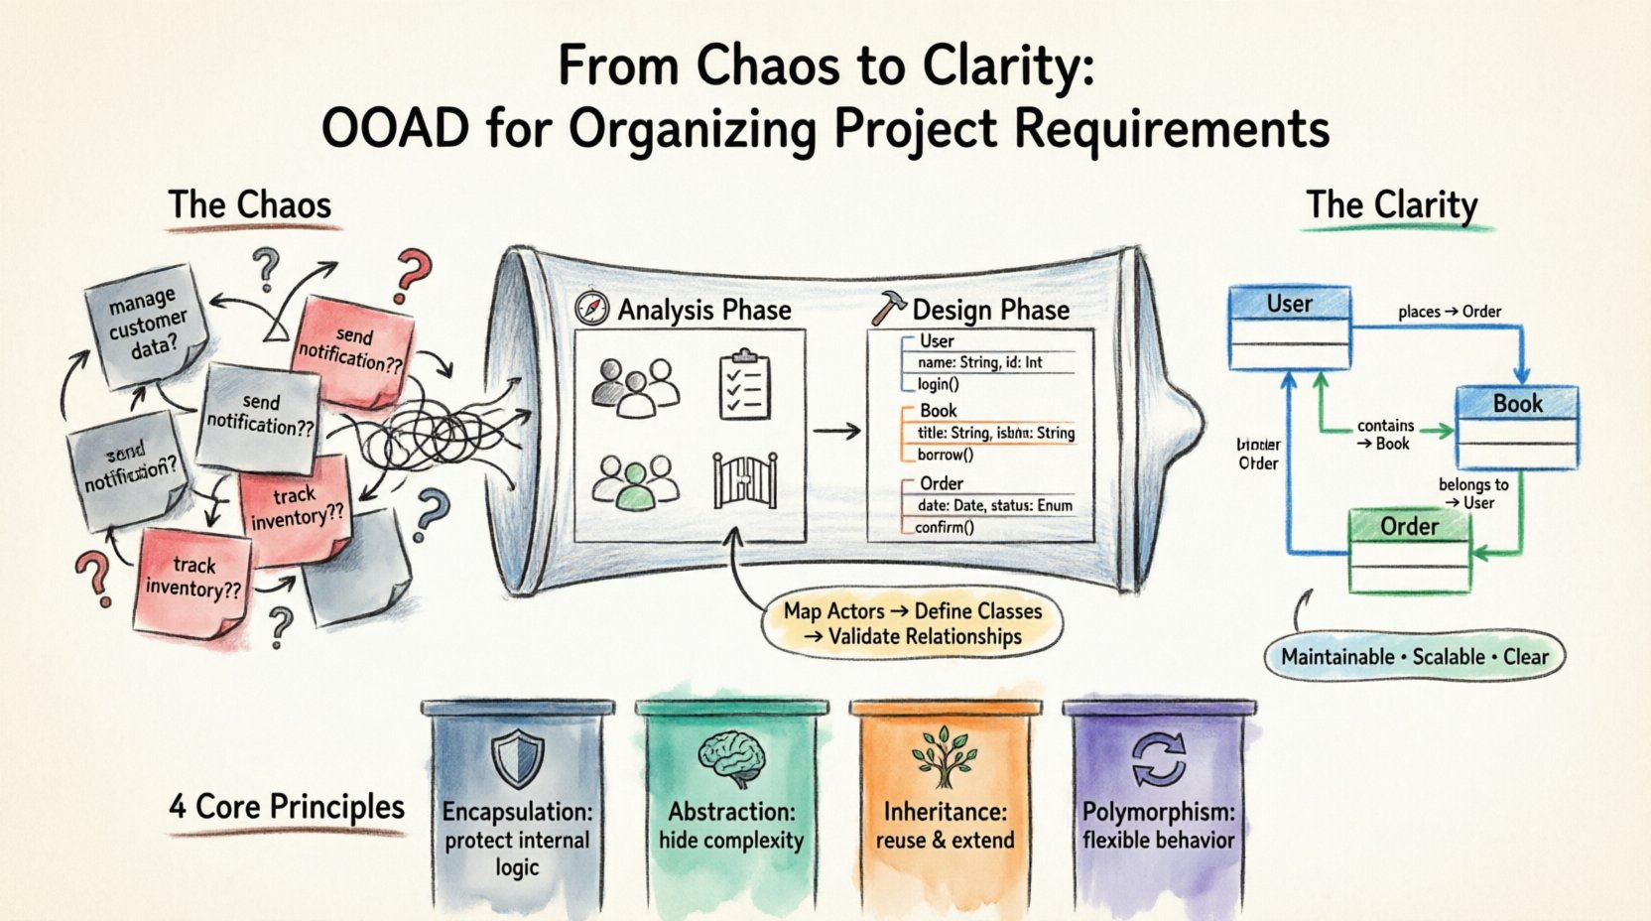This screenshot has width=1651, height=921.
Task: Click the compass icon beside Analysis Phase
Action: click(591, 309)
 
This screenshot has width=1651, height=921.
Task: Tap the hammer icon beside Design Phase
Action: click(886, 309)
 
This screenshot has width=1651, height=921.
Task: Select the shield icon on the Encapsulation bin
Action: click(517, 757)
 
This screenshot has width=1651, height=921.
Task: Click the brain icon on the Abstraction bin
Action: click(731, 757)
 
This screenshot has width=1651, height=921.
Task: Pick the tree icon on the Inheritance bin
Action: click(944, 757)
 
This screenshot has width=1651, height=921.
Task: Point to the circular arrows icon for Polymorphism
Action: click(1158, 759)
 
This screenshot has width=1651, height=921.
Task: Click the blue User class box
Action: click(1289, 328)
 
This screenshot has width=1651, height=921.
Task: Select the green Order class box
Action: click(1409, 551)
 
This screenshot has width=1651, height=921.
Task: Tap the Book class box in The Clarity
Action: click(1517, 428)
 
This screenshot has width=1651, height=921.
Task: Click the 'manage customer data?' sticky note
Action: click(147, 322)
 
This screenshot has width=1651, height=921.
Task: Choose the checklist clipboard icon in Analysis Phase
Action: click(744, 384)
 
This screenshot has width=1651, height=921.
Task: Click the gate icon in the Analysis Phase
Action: click(744, 480)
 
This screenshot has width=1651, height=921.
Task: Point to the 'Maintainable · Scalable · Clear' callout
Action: click(1414, 657)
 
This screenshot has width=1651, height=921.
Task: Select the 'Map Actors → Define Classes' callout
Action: click(912, 624)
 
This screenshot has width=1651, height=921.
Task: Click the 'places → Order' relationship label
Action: click(1449, 312)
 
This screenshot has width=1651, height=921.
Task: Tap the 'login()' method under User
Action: click(938, 384)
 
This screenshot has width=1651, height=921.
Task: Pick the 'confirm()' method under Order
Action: click(944, 527)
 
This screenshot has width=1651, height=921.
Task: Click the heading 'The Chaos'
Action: click(250, 205)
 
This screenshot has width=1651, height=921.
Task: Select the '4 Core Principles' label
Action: click(287, 807)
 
